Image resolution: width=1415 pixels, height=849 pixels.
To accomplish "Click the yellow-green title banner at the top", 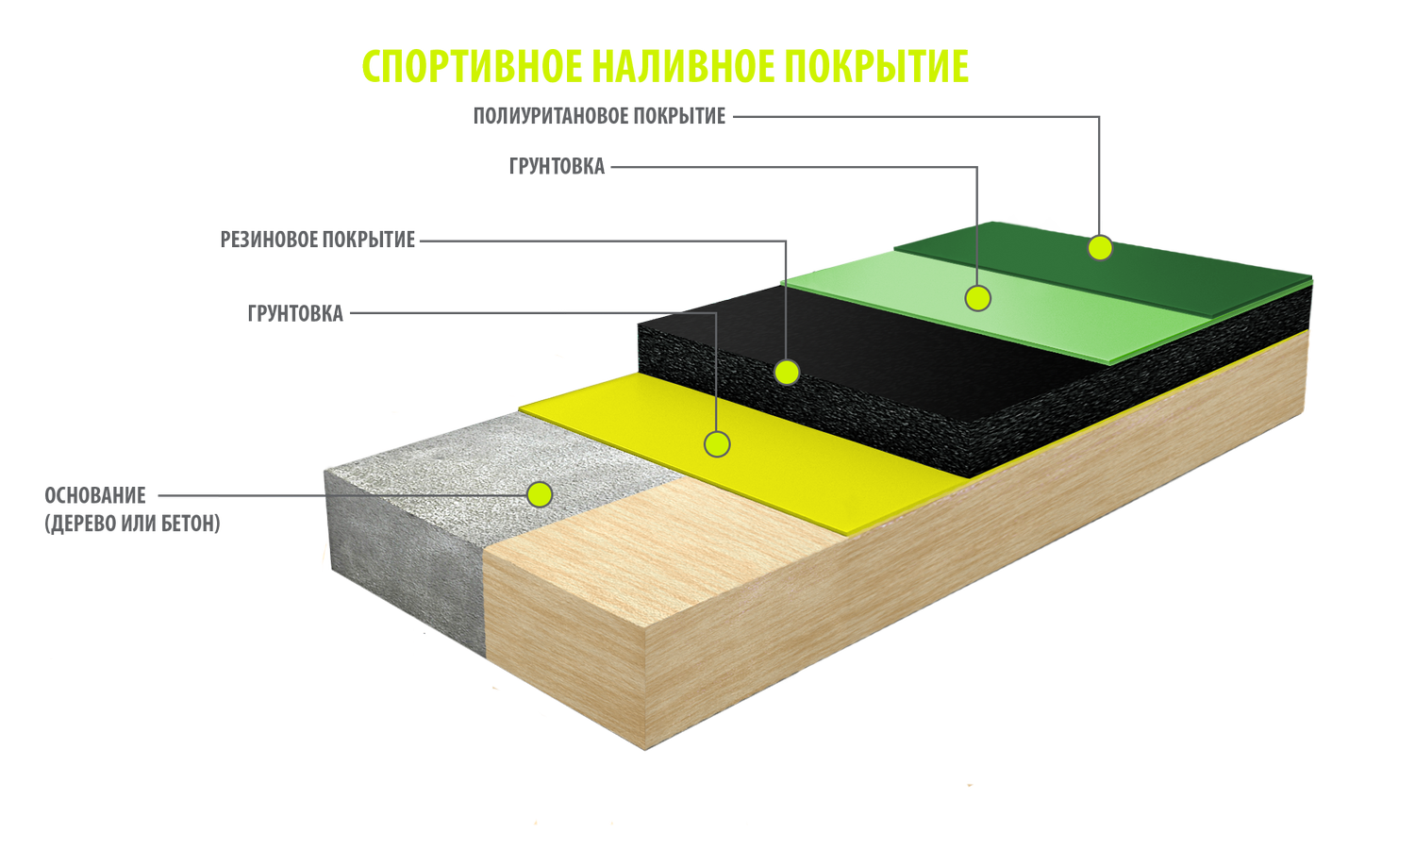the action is click(665, 67).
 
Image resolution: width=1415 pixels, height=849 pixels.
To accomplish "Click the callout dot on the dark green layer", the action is click(1100, 248).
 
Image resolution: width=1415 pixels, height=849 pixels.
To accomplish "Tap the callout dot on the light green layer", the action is click(978, 299).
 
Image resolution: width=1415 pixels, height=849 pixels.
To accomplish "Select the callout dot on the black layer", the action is click(787, 373).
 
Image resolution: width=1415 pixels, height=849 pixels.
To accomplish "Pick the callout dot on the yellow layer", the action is click(717, 444).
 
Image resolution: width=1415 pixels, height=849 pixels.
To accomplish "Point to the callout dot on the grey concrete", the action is click(540, 494).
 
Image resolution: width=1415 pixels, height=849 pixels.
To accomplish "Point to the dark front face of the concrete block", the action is click(406, 566).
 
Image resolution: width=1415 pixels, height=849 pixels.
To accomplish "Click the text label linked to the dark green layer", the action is click(600, 116).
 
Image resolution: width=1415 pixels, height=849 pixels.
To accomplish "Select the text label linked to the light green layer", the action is click(558, 167).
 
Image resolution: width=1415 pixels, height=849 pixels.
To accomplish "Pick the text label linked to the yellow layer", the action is click(296, 313).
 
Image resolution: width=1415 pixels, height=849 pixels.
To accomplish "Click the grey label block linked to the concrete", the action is click(132, 510).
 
